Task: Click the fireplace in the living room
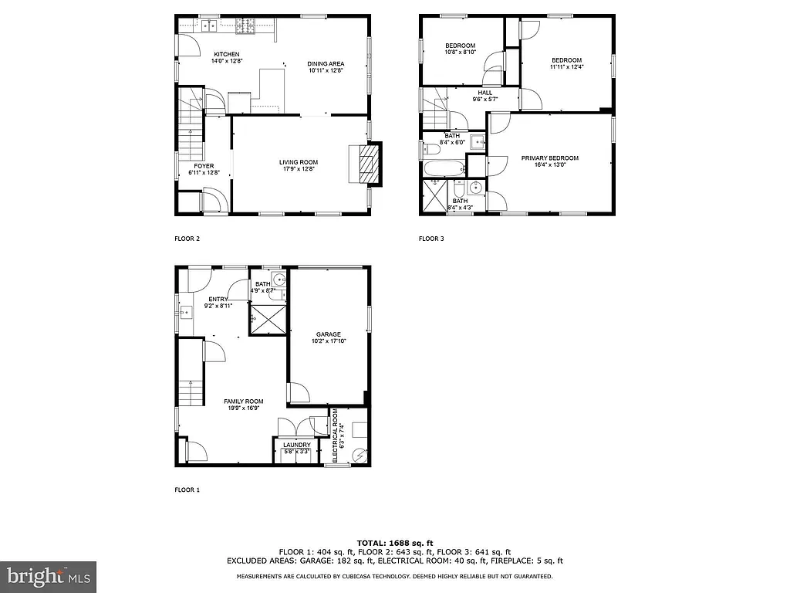pos(368,164)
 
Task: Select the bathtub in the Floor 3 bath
pos(443,168)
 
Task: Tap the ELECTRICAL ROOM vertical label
pos(336,436)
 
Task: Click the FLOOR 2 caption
pos(187,239)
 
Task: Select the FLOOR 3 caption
pos(431,239)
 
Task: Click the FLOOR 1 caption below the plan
pos(187,490)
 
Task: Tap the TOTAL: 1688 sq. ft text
pos(394,542)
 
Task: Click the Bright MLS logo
pos(48,576)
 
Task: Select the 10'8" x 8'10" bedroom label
pos(461,49)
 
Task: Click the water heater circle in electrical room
pos(359,456)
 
